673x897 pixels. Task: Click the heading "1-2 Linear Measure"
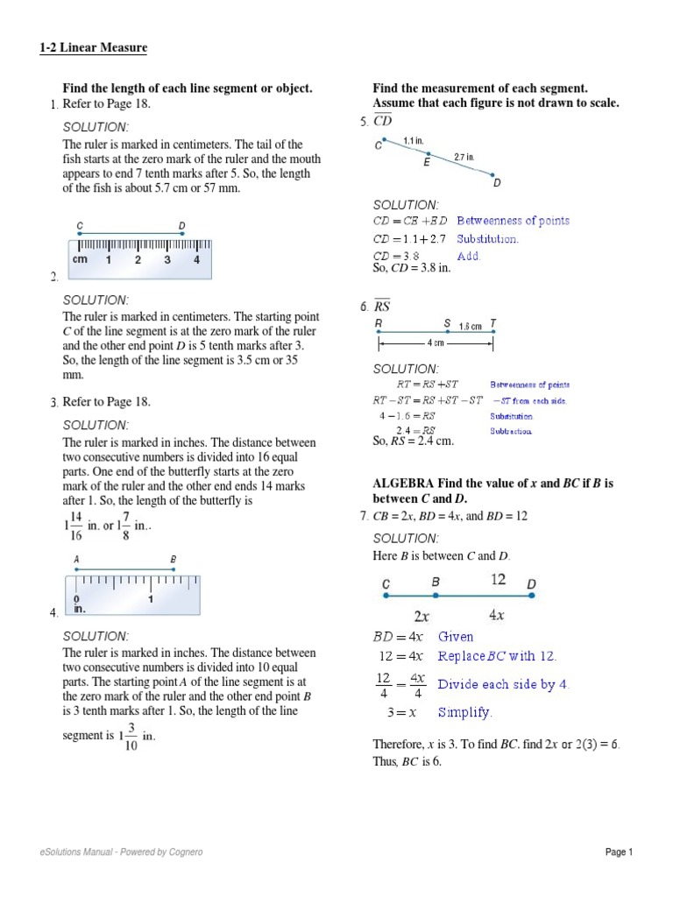94,47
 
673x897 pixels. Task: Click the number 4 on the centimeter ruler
196,260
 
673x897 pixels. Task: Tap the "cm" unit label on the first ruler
80,260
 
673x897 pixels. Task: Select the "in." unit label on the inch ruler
79,607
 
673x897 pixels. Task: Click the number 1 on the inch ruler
151,600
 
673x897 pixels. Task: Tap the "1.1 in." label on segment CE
414,140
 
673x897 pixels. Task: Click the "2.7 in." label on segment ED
464,158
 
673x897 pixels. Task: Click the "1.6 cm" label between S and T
471,326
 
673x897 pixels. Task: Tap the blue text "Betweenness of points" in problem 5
513,221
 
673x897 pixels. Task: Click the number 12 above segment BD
498,579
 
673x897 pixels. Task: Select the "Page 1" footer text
618,852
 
